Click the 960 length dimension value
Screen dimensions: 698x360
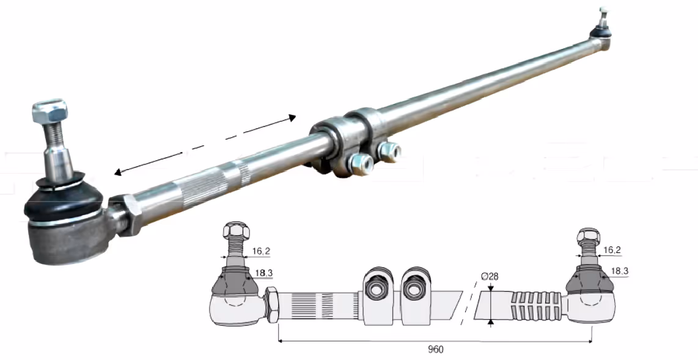(435, 350)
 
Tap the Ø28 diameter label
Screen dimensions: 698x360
(490, 276)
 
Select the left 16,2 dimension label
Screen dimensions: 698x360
(261, 251)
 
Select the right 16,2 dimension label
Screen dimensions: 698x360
(612, 251)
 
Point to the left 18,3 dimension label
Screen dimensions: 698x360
(264, 273)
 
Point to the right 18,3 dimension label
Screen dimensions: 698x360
(620, 271)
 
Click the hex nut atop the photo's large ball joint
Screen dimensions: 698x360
(50, 111)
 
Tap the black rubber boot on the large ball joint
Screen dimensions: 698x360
(62, 198)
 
